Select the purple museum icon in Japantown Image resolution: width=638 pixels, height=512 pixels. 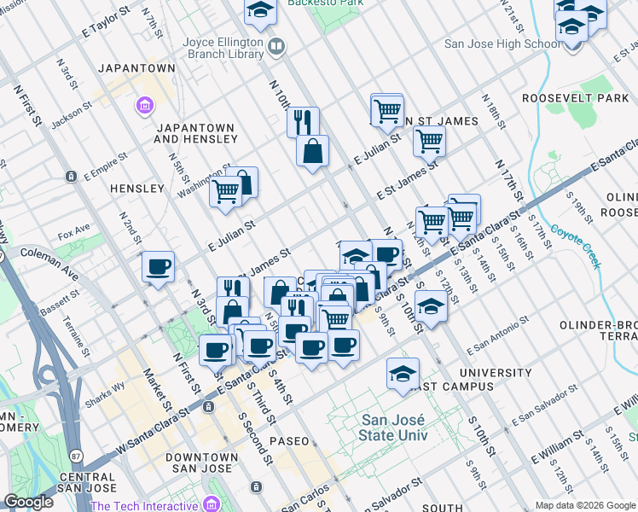[145, 106]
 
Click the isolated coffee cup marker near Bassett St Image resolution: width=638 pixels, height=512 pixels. [158, 266]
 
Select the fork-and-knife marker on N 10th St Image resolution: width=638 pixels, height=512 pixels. [303, 122]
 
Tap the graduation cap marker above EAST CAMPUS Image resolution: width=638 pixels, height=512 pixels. [403, 373]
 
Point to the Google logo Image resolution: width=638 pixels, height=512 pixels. [28, 502]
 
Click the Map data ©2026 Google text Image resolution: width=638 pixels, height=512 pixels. [585, 505]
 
